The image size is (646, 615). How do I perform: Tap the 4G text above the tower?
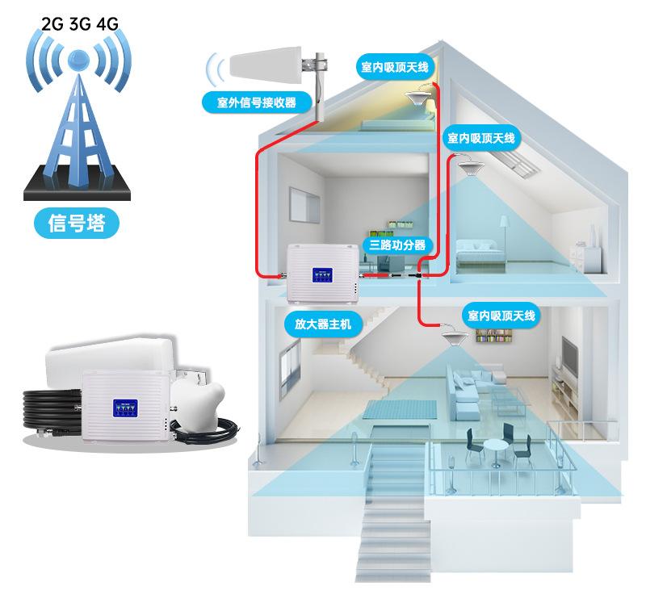click(106, 23)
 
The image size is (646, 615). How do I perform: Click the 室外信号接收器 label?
click(257, 102)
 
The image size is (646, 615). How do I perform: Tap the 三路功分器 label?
click(397, 245)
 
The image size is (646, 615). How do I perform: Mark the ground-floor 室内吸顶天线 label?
click(500, 315)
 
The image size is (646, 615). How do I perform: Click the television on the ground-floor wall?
click(570, 354)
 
